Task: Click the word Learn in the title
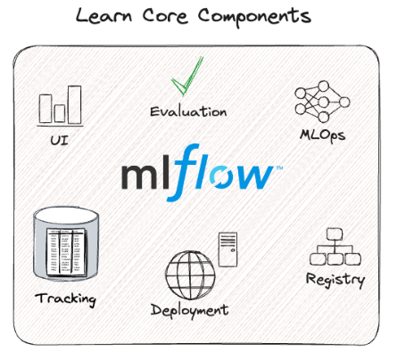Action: pos(103,16)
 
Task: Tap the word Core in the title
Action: pos(165,16)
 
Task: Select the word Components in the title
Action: pos(254,17)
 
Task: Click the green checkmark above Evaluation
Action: pos(188,77)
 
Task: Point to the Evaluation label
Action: pos(188,111)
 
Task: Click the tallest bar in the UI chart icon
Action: pos(75,105)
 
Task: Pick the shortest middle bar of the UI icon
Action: pos(60,113)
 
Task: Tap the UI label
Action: pos(59,140)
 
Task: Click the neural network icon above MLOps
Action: pos(322,102)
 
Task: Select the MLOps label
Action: pos(322,135)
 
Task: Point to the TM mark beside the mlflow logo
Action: pos(279,168)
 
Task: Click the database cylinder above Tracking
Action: pos(65,244)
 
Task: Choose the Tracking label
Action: pos(65,299)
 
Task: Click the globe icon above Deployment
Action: pos(190,275)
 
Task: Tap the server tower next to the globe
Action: pos(227,250)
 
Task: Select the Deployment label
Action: pos(190,311)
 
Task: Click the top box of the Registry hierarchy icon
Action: pos(335,233)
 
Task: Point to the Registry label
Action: pos(335,280)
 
